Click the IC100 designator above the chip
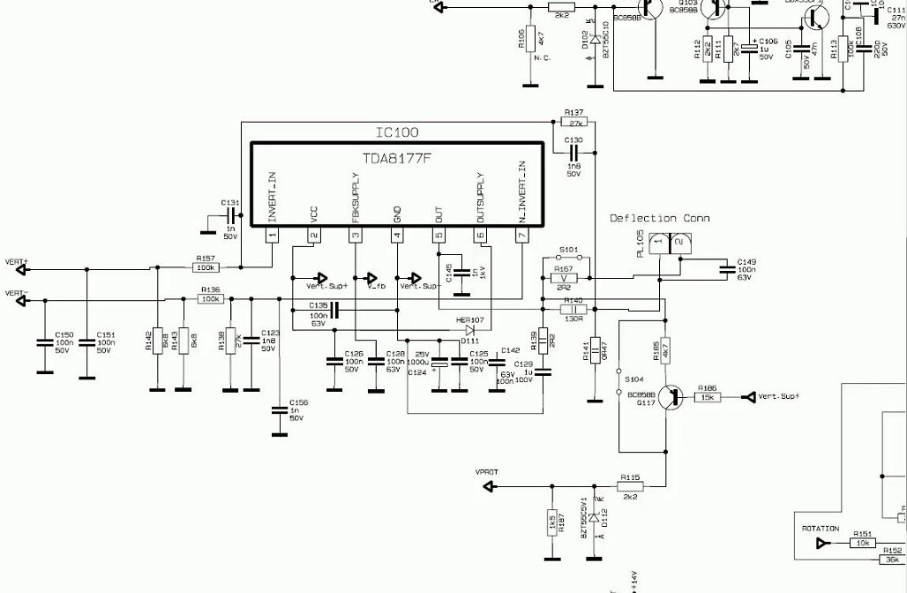(x=396, y=132)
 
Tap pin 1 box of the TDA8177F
(x=272, y=235)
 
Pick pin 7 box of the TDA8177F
(x=521, y=235)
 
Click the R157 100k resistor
(x=208, y=268)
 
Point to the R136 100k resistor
(x=210, y=300)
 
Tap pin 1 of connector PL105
(x=656, y=242)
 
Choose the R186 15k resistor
(x=708, y=397)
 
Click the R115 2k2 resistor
(x=630, y=485)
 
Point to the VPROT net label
(x=487, y=472)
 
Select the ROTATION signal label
(x=820, y=529)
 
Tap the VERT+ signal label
(x=16, y=262)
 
